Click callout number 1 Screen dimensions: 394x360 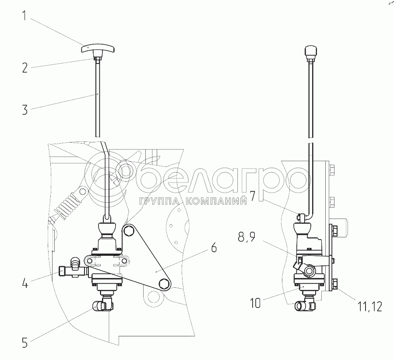pyautogui.click(x=25, y=16)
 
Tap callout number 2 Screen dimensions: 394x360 pyautogui.click(x=25, y=67)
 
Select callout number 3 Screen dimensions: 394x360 pyautogui.click(x=25, y=109)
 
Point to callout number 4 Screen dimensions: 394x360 pyautogui.click(x=25, y=283)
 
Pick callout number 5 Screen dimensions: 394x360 pyautogui.click(x=25, y=342)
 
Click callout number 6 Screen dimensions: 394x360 pyautogui.click(x=214, y=247)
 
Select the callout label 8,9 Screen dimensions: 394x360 pyautogui.click(x=247, y=236)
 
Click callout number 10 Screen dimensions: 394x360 pyautogui.click(x=255, y=303)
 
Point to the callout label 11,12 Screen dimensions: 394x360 pyautogui.click(x=369, y=306)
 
